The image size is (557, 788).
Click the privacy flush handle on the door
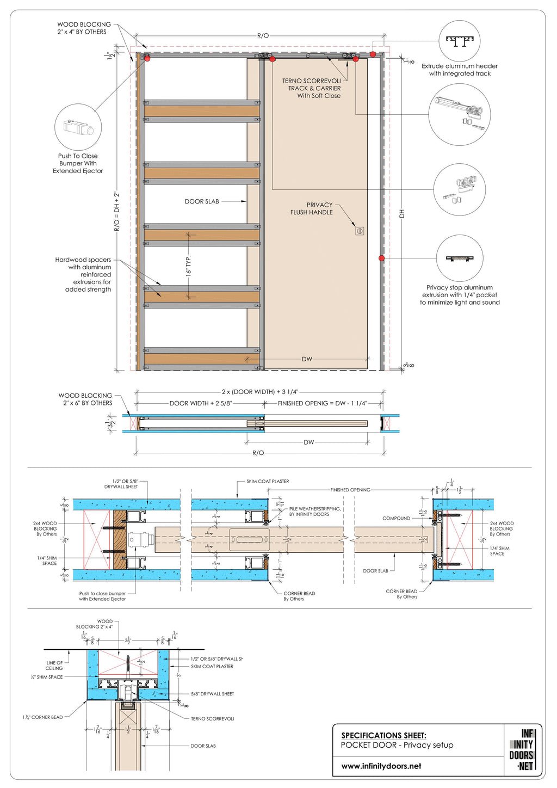360,231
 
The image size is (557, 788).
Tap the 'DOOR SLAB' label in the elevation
202,201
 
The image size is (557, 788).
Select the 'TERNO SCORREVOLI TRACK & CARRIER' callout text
312,88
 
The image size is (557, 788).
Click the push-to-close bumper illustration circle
78,128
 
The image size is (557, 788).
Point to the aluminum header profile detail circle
460,41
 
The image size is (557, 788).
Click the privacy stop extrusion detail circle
460,258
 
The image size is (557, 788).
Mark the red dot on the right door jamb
381,258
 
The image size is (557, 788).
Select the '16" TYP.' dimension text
189,266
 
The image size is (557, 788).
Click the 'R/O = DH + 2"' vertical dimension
116,211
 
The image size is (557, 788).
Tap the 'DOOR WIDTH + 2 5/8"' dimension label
201,403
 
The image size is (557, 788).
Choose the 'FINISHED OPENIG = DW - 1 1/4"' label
322,403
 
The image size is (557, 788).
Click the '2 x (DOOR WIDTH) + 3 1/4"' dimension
260,392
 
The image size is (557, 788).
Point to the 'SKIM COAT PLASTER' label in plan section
268,482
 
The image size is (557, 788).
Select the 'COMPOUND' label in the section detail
396,518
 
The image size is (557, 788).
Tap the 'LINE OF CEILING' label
54,666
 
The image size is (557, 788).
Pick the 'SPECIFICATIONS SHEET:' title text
383,735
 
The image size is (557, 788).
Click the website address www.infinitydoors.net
381,766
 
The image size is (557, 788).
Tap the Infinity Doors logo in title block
523,750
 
